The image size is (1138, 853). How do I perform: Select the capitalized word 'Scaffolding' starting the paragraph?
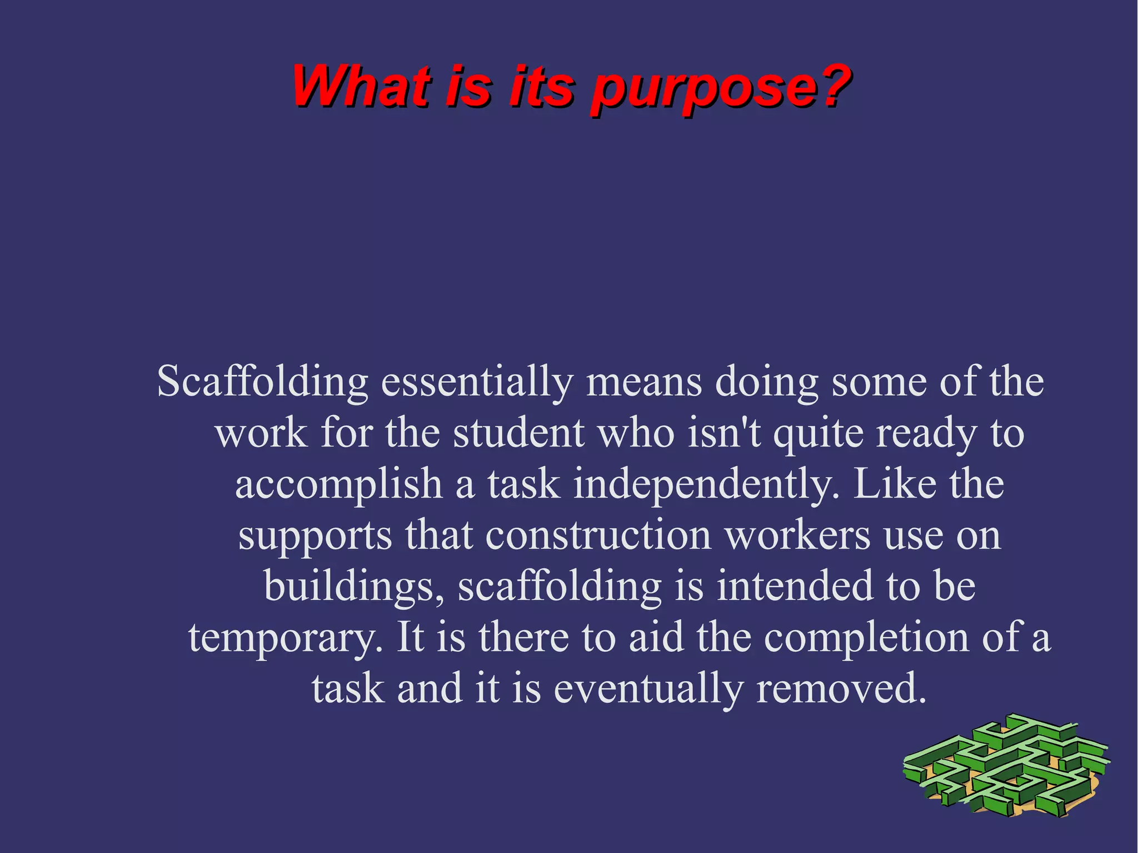click(262, 383)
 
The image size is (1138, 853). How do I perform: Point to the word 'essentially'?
click(477, 383)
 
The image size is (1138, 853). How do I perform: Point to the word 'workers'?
click(798, 536)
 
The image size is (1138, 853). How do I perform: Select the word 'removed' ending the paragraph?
click(841, 688)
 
